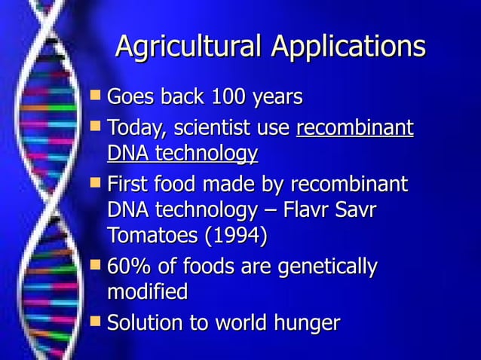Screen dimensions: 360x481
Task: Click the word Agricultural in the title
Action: point(188,47)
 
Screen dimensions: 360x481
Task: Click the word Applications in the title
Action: point(348,47)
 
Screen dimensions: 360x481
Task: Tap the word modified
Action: point(148,292)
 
